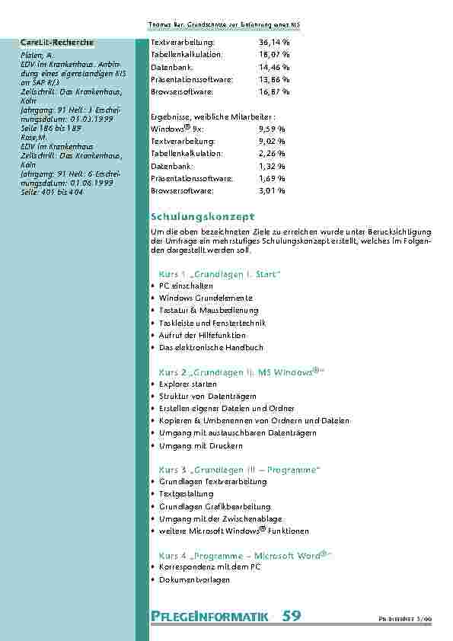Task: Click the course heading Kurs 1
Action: [x=220, y=273]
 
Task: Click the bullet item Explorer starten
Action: [x=188, y=384]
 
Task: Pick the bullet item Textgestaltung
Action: [x=186, y=494]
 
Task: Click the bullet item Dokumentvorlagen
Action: [x=194, y=580]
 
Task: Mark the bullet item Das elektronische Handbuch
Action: [x=211, y=347]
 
